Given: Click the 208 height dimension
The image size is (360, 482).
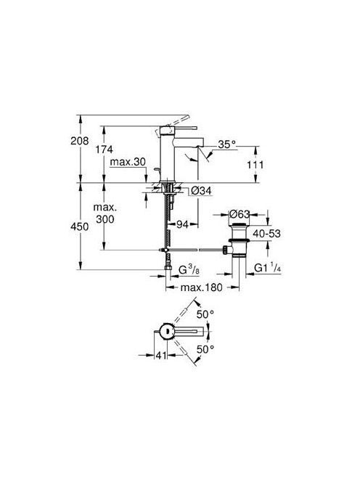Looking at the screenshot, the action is [x=79, y=141].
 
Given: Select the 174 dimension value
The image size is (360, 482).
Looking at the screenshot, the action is [x=104, y=150].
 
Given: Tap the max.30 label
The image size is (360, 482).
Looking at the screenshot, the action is [x=128, y=162].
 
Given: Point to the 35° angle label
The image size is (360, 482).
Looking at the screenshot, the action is [x=226, y=144].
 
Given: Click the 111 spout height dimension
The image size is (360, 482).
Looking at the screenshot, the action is [x=255, y=165].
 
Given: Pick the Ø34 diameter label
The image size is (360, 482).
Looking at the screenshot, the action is [x=201, y=191].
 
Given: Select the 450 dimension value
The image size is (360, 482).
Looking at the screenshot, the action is [x=79, y=226].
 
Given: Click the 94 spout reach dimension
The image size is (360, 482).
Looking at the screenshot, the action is [x=182, y=224].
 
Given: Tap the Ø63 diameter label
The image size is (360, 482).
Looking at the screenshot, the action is [x=240, y=213].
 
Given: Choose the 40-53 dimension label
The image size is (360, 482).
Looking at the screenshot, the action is [x=266, y=234].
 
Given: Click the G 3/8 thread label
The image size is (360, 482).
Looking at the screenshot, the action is [x=189, y=270].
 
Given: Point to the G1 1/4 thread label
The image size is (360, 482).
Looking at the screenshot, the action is [x=268, y=268].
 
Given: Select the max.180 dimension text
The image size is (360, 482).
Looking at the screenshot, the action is [x=201, y=287].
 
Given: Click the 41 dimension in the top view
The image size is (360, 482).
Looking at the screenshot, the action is [x=161, y=356].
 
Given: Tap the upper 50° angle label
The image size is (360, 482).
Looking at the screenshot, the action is [x=205, y=314].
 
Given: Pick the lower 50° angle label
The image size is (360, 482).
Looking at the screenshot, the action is [x=205, y=349].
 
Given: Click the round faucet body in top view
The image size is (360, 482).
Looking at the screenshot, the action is [x=168, y=331].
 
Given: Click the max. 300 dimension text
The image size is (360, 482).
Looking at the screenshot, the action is [x=105, y=213].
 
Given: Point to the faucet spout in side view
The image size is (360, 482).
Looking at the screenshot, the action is [x=189, y=142].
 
